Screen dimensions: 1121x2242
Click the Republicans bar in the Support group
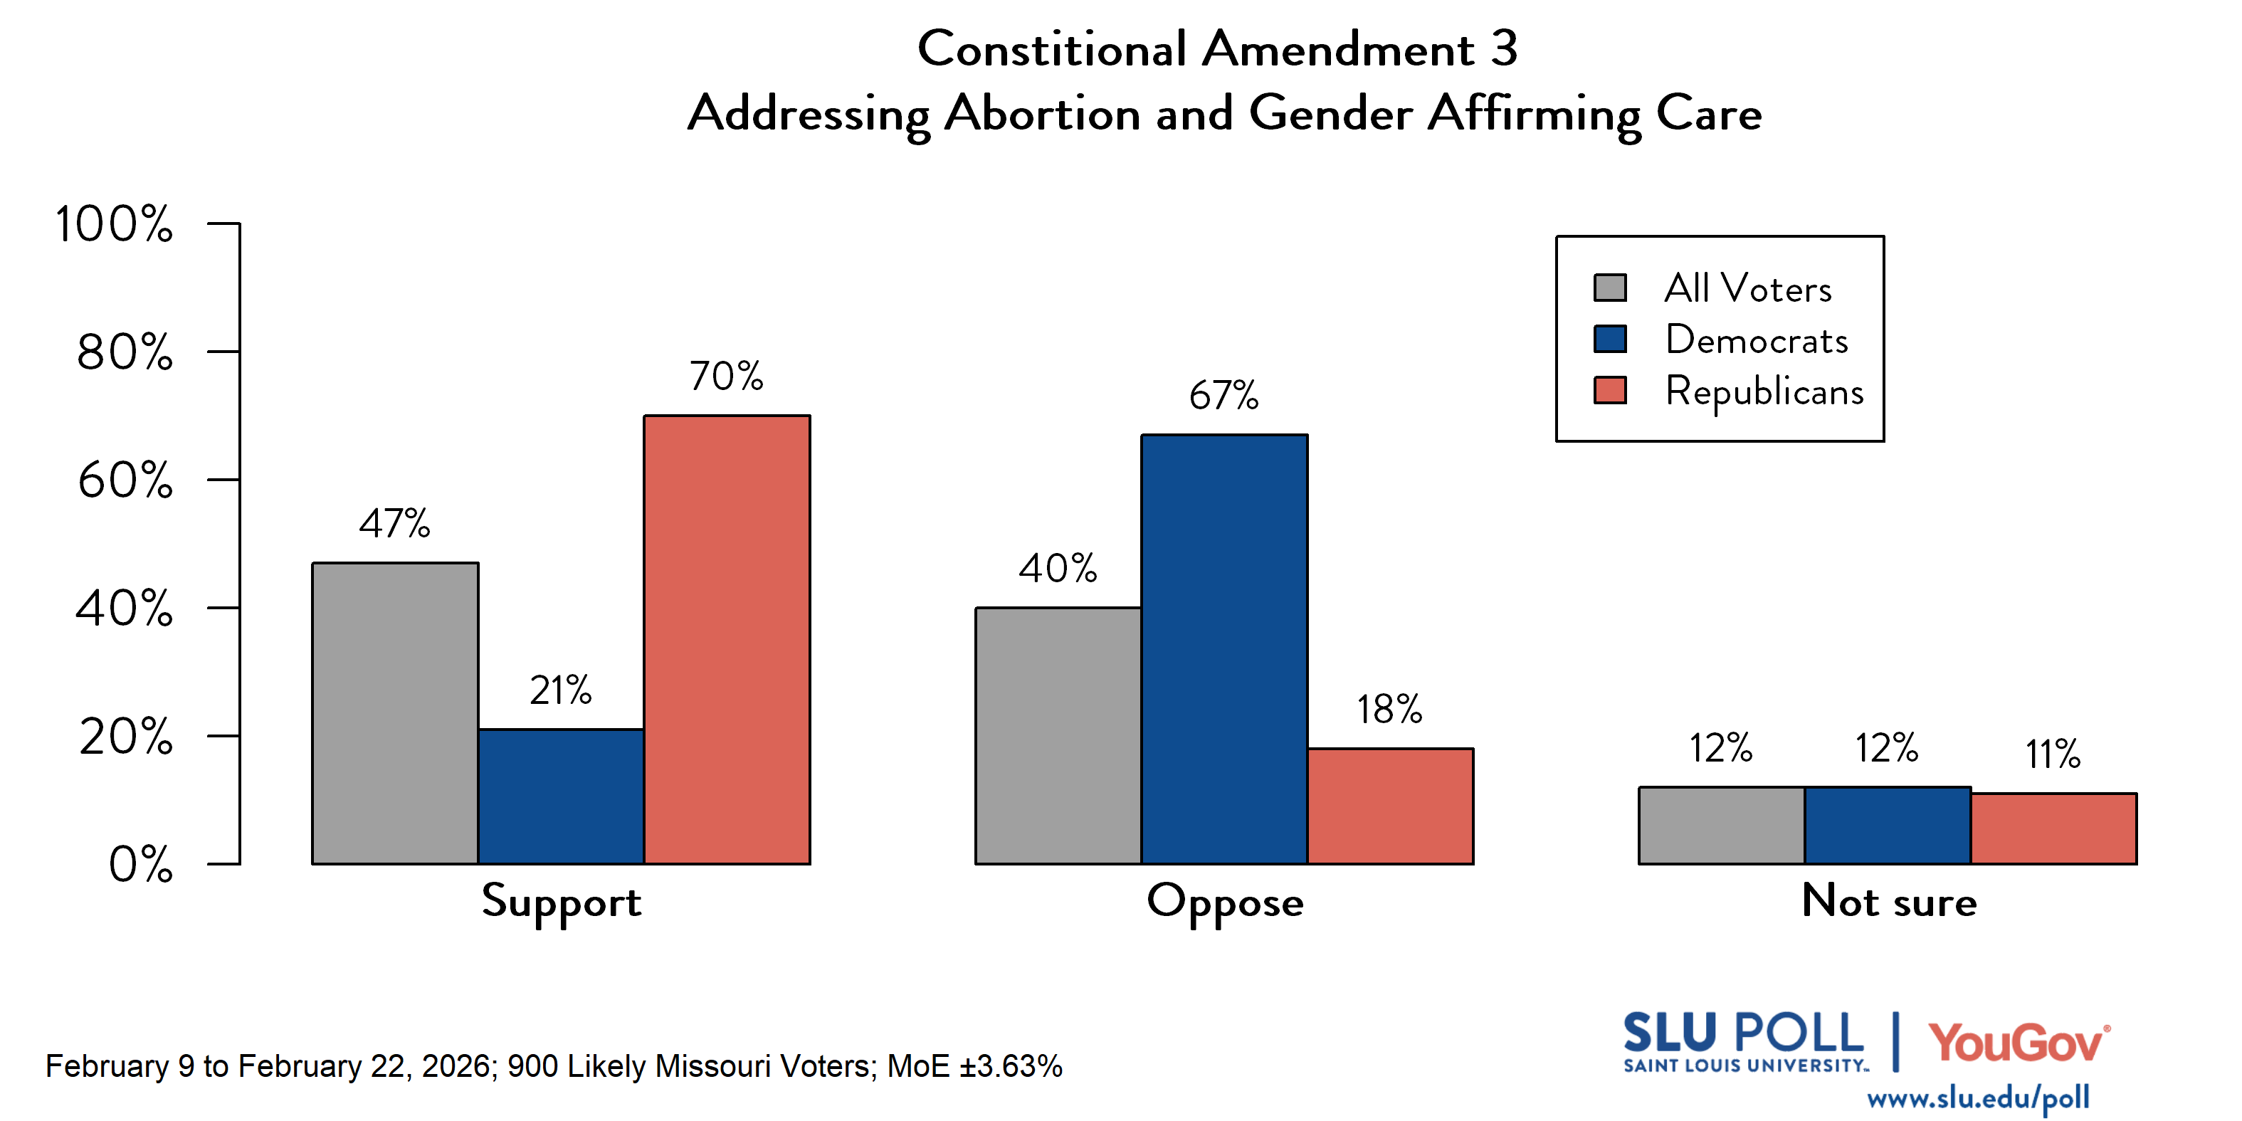coord(727,640)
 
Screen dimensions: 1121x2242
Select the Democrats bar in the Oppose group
coord(1223,648)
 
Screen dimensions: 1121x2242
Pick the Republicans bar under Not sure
coord(2053,828)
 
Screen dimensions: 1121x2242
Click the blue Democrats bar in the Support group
coord(561,796)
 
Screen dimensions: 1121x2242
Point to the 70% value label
coord(727,376)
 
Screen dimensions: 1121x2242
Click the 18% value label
coord(1389,710)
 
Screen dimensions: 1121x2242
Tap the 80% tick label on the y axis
coord(125,352)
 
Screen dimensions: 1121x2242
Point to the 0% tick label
coord(140,864)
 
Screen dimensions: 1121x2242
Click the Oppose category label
coord(1225,902)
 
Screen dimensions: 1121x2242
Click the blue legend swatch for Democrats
coord(1609,339)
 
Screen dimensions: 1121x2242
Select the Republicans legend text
coord(1764,391)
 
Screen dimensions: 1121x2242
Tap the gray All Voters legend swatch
coord(1609,288)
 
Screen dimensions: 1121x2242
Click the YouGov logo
coord(2018,1043)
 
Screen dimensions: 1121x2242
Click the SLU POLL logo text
coord(1743,1034)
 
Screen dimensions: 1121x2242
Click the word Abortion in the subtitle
coord(1042,113)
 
